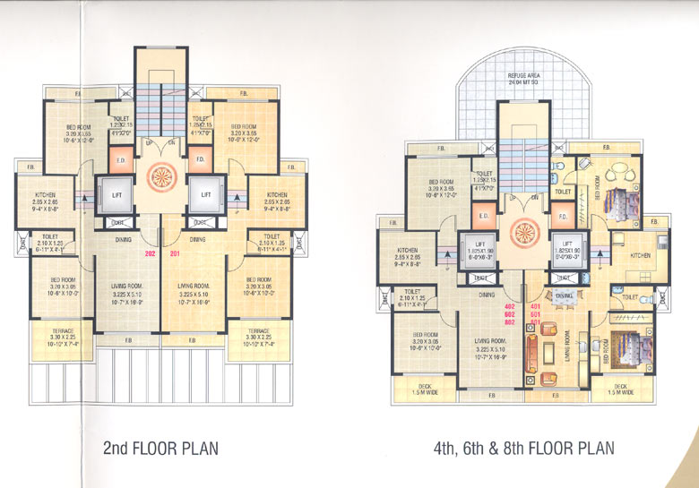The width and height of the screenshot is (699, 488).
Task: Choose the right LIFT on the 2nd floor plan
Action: (206, 193)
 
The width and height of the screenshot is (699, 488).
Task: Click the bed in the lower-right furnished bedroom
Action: (618, 345)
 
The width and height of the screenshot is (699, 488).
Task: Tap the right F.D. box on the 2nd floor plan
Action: (200, 159)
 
